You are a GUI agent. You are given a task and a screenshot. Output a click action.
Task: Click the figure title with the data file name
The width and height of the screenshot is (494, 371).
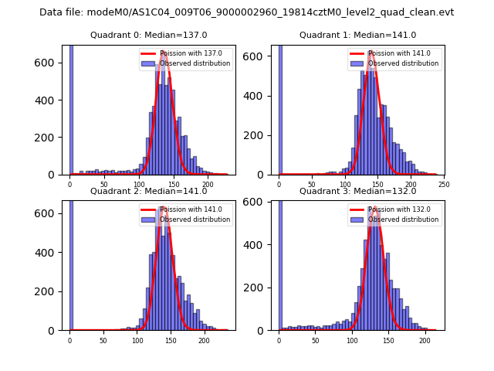tap(246, 12)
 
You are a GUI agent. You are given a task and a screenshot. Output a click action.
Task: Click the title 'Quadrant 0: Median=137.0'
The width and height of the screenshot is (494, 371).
tap(148, 35)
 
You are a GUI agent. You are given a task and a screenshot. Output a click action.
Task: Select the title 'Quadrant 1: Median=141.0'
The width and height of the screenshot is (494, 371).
tap(357, 35)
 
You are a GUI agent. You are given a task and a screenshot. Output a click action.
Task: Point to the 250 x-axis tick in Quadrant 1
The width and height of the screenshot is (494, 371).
tap(444, 185)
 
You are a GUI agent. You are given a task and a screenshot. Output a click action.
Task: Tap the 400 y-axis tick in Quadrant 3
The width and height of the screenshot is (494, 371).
tap(265, 245)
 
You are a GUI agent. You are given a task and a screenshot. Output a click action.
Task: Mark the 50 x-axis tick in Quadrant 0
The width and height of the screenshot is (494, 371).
tap(104, 185)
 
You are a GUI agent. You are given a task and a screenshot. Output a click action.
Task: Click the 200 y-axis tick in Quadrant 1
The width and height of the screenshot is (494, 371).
tap(265, 136)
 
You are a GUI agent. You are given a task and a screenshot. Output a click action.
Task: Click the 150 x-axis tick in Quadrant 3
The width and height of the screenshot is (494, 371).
tap(388, 341)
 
